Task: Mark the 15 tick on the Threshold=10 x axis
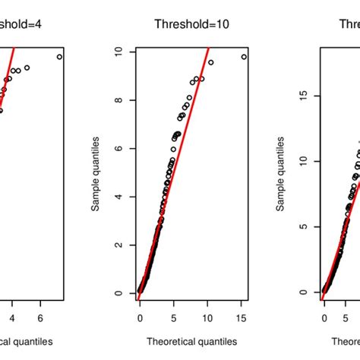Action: point(244,314)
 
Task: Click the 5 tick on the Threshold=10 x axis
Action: point(174,314)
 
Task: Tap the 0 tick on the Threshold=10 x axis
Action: point(140,314)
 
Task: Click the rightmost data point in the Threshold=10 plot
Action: point(244,56)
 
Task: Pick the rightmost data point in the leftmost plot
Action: point(59,56)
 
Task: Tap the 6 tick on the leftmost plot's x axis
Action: point(40,314)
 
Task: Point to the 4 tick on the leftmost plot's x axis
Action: point(12,314)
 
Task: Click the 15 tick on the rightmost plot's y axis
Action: point(302,96)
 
